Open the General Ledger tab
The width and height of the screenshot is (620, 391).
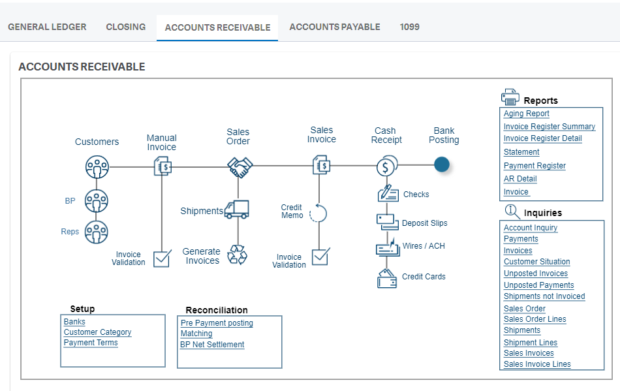coord(47,27)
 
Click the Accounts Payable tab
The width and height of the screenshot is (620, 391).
coord(334,27)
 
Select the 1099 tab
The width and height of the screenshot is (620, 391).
coord(409,27)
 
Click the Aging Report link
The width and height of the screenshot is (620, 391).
coord(526,114)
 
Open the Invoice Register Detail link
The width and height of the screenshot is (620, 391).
coord(542,138)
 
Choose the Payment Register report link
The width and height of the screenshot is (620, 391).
coord(535,166)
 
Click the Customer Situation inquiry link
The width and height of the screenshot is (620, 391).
coord(536,262)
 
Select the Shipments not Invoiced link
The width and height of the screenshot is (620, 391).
coord(544,296)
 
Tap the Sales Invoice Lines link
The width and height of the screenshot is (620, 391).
coord(536,364)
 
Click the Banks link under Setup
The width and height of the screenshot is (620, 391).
coord(74,322)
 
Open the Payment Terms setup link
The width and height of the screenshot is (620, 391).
coord(91,343)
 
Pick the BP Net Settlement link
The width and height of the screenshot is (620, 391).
coord(212,345)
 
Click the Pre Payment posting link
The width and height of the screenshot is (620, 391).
coord(217,323)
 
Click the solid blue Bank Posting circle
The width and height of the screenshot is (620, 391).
coord(442,165)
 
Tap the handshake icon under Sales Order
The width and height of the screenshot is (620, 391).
coord(240,167)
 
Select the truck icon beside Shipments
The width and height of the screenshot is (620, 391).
coord(236,210)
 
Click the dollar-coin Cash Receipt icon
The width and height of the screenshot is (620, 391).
coord(385,166)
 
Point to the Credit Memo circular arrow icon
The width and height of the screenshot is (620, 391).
coord(318,213)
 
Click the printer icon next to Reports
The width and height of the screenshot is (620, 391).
coord(510,97)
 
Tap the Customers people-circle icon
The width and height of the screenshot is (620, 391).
coord(97,167)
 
